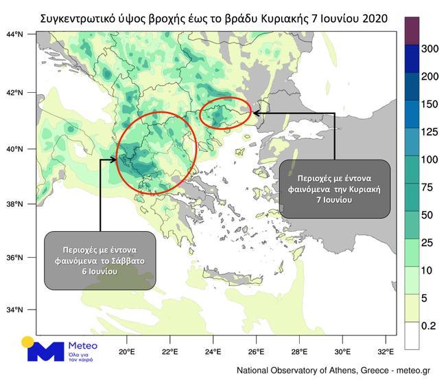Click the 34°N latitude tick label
[x=14, y=310]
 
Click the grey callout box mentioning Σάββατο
[x=99, y=260]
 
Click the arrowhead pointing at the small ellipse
[x=256, y=112]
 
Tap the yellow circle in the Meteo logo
[x=28, y=342]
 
